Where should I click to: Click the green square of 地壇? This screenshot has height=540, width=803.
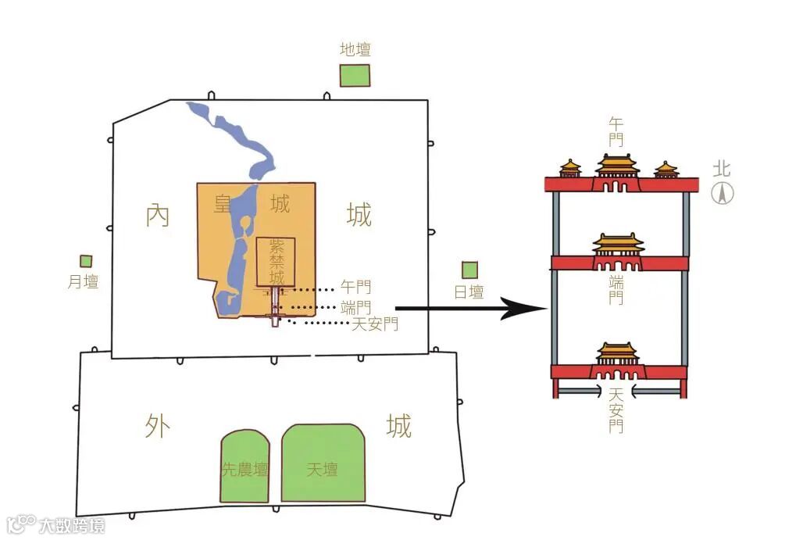355,76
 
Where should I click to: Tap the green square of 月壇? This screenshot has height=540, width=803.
86,262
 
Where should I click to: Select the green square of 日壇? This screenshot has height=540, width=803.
469,270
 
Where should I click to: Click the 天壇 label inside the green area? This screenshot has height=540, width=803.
322,470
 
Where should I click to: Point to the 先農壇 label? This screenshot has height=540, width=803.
245,470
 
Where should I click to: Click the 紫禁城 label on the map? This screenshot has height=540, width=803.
277,261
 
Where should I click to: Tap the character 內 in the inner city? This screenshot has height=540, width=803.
157,215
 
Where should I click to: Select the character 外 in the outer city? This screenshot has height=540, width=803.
157,427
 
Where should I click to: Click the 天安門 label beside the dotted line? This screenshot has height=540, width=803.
375,324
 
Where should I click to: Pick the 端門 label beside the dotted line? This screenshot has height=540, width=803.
356,307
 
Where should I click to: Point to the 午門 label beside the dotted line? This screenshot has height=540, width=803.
356,288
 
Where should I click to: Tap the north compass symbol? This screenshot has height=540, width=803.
723,194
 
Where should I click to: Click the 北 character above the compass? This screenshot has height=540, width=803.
722,170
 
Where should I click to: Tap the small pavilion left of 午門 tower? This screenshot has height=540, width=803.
570,169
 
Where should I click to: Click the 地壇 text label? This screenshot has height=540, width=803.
355,50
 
